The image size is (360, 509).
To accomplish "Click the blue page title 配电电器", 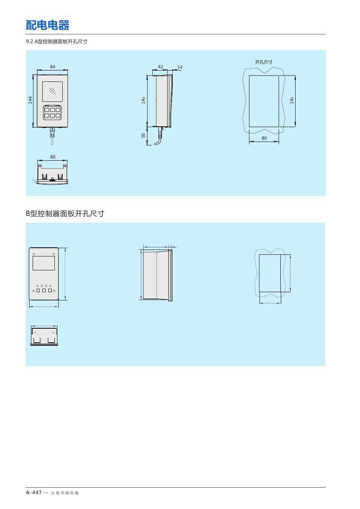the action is [47, 25].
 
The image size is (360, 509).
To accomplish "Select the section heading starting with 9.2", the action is [57, 41].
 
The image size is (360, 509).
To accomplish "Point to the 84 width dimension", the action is [53, 67].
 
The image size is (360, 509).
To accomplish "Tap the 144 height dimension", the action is [30, 100].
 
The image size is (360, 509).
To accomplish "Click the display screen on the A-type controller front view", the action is [52, 91].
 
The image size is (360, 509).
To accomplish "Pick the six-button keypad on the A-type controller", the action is [52, 112].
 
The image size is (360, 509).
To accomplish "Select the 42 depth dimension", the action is [160, 67].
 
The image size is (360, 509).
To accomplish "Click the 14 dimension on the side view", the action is [179, 67].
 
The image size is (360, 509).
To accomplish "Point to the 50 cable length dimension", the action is [144, 135].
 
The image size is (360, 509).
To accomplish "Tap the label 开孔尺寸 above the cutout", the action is [264, 62].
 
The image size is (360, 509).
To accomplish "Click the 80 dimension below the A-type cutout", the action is [264, 138].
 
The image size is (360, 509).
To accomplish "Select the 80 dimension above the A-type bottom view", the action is [53, 157].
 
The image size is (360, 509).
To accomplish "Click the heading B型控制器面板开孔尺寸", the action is [65, 214].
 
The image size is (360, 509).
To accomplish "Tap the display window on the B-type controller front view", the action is [44, 263].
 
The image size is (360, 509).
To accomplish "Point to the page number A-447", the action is [34, 492].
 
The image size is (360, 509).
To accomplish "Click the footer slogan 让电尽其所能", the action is [65, 493].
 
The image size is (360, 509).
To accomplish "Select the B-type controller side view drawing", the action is [156, 275].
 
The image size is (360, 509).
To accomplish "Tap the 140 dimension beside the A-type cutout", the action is [292, 100].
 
